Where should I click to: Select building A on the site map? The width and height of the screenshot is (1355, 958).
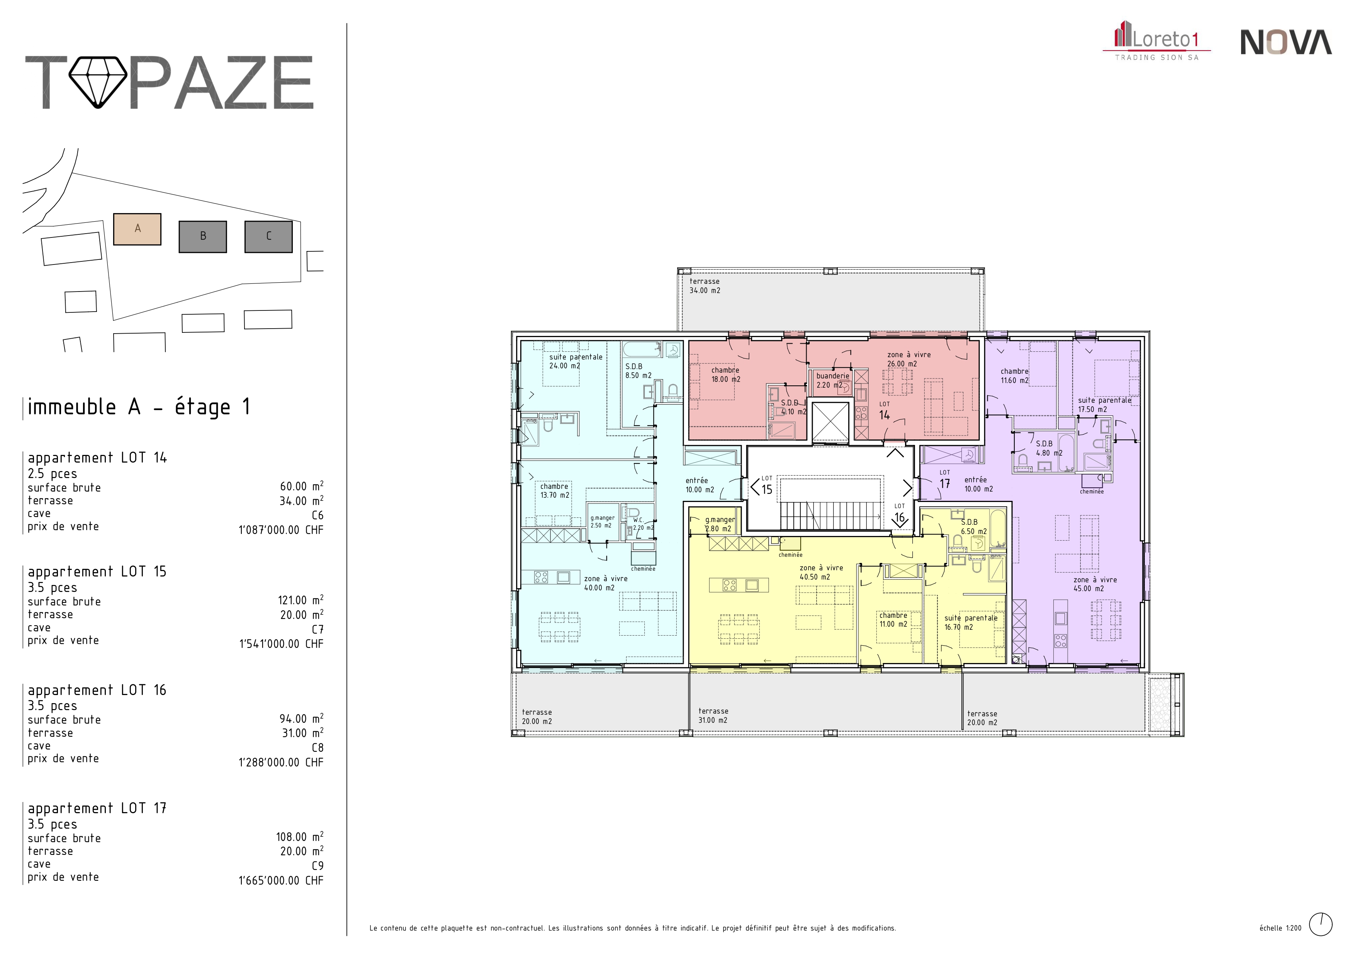click(x=138, y=229)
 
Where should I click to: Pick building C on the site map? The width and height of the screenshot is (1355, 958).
click(x=268, y=237)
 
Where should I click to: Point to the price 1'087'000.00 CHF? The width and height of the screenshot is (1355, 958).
click(x=281, y=530)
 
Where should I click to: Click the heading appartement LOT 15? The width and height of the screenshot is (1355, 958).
click(x=97, y=571)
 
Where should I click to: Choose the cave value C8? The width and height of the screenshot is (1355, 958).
click(x=318, y=748)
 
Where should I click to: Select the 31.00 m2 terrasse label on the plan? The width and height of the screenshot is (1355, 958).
click(x=713, y=716)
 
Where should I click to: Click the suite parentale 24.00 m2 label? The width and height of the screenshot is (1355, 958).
click(x=576, y=361)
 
